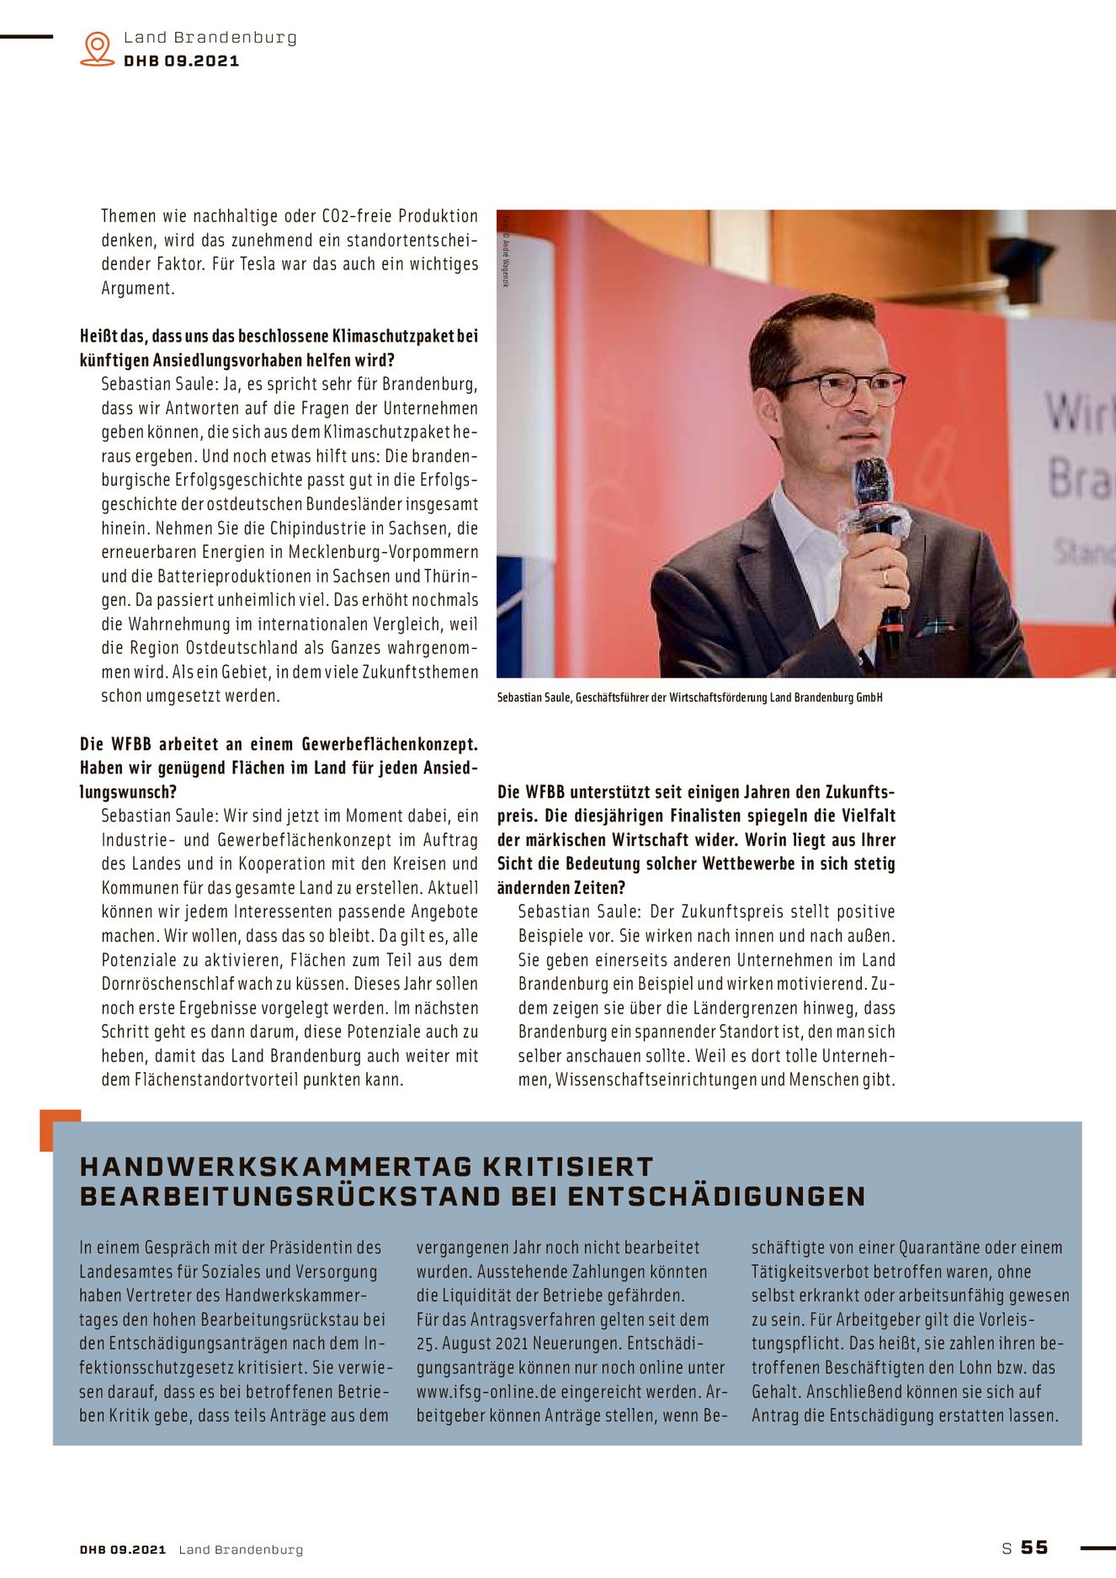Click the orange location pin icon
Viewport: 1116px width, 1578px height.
[98, 48]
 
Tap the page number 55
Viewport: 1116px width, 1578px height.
[1034, 1547]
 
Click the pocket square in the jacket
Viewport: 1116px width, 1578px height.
[936, 627]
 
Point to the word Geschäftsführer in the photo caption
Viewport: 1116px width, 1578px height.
[613, 698]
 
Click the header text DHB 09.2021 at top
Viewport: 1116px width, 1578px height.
[181, 61]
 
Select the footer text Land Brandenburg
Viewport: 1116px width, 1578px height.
[241, 1549]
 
